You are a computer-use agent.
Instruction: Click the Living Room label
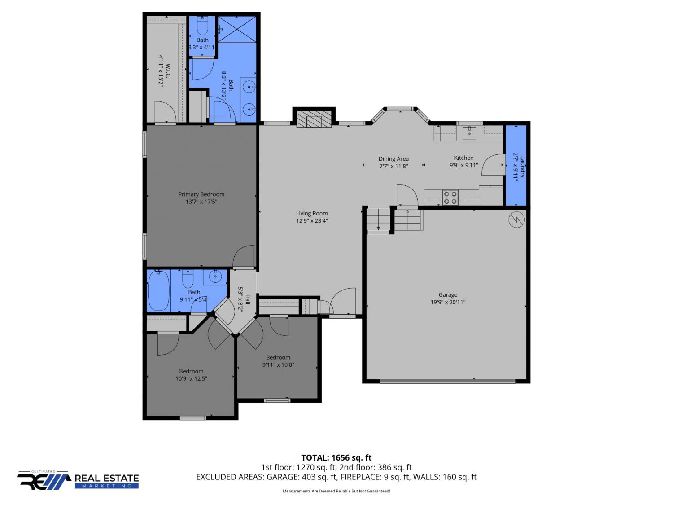(x=311, y=213)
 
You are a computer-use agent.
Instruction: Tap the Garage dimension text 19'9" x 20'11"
(x=448, y=302)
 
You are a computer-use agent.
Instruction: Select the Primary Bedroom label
(x=201, y=194)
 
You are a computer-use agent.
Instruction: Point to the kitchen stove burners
(x=450, y=198)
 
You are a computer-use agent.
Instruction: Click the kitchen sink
(x=469, y=133)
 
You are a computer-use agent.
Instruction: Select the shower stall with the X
(x=237, y=30)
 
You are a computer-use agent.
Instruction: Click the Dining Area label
(x=393, y=159)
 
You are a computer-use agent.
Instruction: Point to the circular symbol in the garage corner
(x=516, y=220)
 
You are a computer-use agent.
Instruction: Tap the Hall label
(x=248, y=299)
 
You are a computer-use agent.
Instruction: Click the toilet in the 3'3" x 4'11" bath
(x=202, y=26)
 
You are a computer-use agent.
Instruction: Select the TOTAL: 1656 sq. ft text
(x=336, y=458)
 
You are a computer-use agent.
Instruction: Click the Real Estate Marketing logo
(x=78, y=480)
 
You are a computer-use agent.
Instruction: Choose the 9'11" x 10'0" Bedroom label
(x=278, y=357)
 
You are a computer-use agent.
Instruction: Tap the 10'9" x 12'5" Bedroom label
(x=191, y=371)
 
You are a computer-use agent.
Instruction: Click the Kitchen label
(x=463, y=158)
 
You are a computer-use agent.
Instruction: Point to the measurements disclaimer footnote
(x=336, y=491)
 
